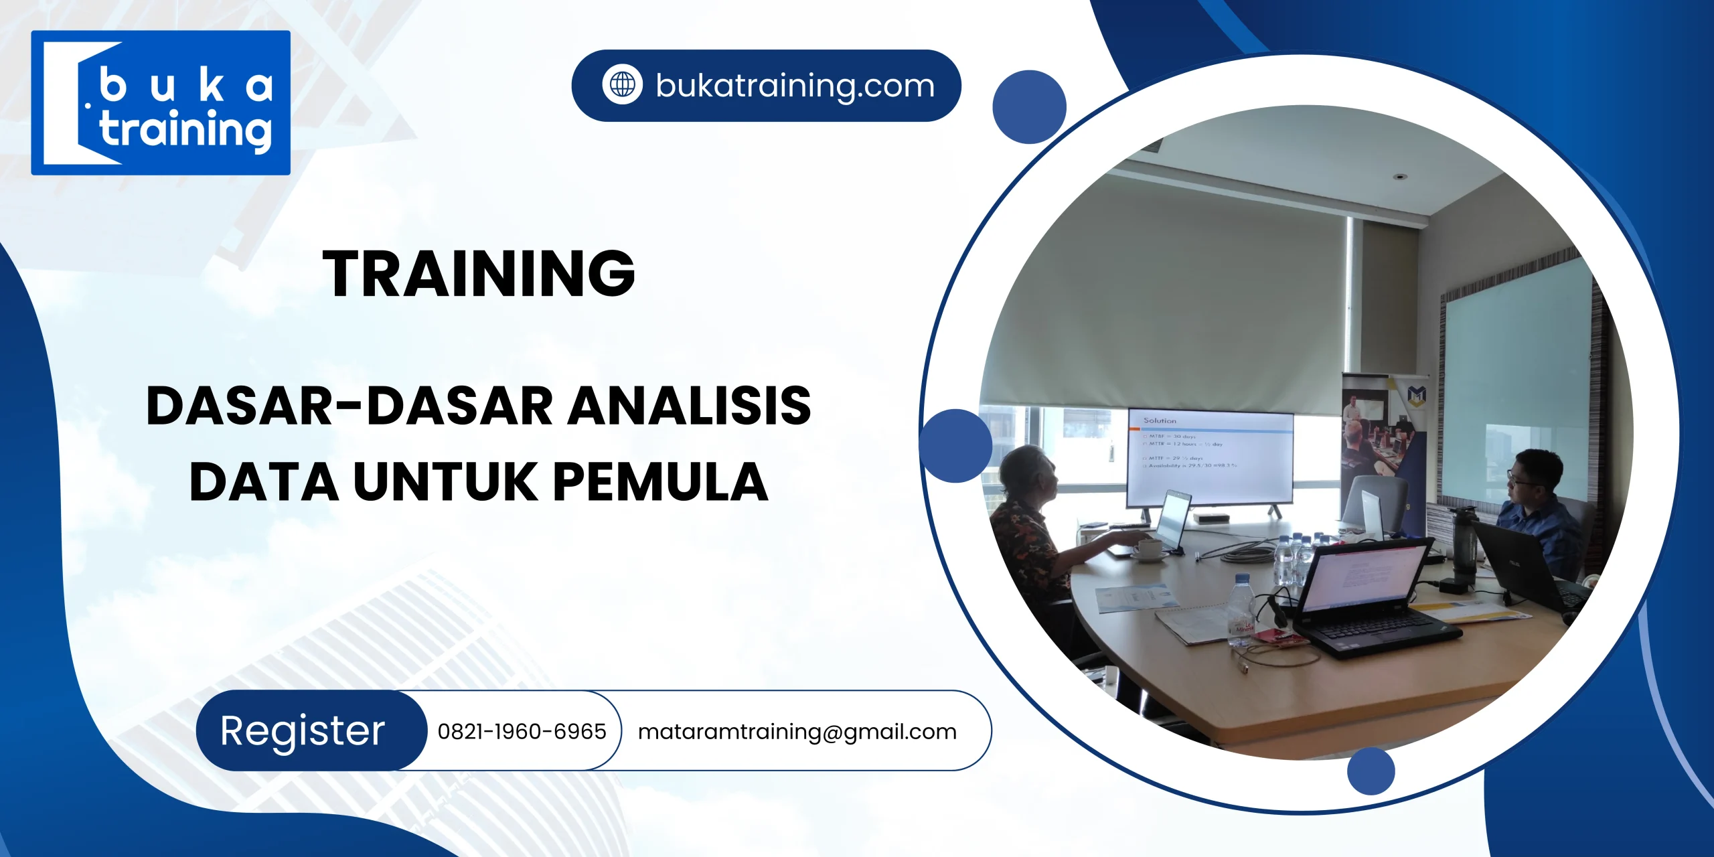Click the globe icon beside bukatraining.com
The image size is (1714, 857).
[x=623, y=85]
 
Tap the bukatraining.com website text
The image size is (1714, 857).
[x=795, y=86]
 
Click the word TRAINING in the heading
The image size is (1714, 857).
[x=479, y=273]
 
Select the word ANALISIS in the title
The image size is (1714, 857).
[x=690, y=406]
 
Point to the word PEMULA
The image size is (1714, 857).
[x=660, y=482]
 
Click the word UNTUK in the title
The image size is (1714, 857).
[x=445, y=482]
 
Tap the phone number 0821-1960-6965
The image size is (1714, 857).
[x=522, y=731]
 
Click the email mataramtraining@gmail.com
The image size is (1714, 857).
[x=797, y=731]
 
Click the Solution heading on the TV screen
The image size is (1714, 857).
[x=1160, y=420]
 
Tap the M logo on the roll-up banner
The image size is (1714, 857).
[x=1416, y=395]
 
